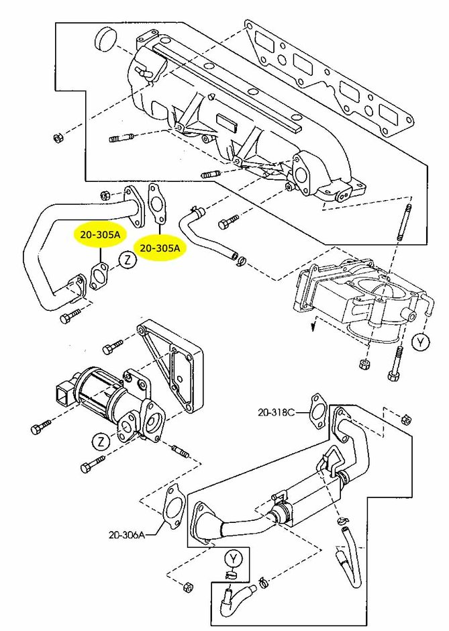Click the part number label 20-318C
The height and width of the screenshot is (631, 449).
277,412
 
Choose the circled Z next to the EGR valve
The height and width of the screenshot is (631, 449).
99,442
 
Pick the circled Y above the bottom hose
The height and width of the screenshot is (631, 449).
233,558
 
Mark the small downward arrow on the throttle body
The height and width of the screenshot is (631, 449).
312,327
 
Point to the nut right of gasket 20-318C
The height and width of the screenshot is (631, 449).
405,420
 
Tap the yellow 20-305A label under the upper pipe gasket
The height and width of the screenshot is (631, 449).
160,248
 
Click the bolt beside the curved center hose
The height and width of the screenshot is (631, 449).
229,219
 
